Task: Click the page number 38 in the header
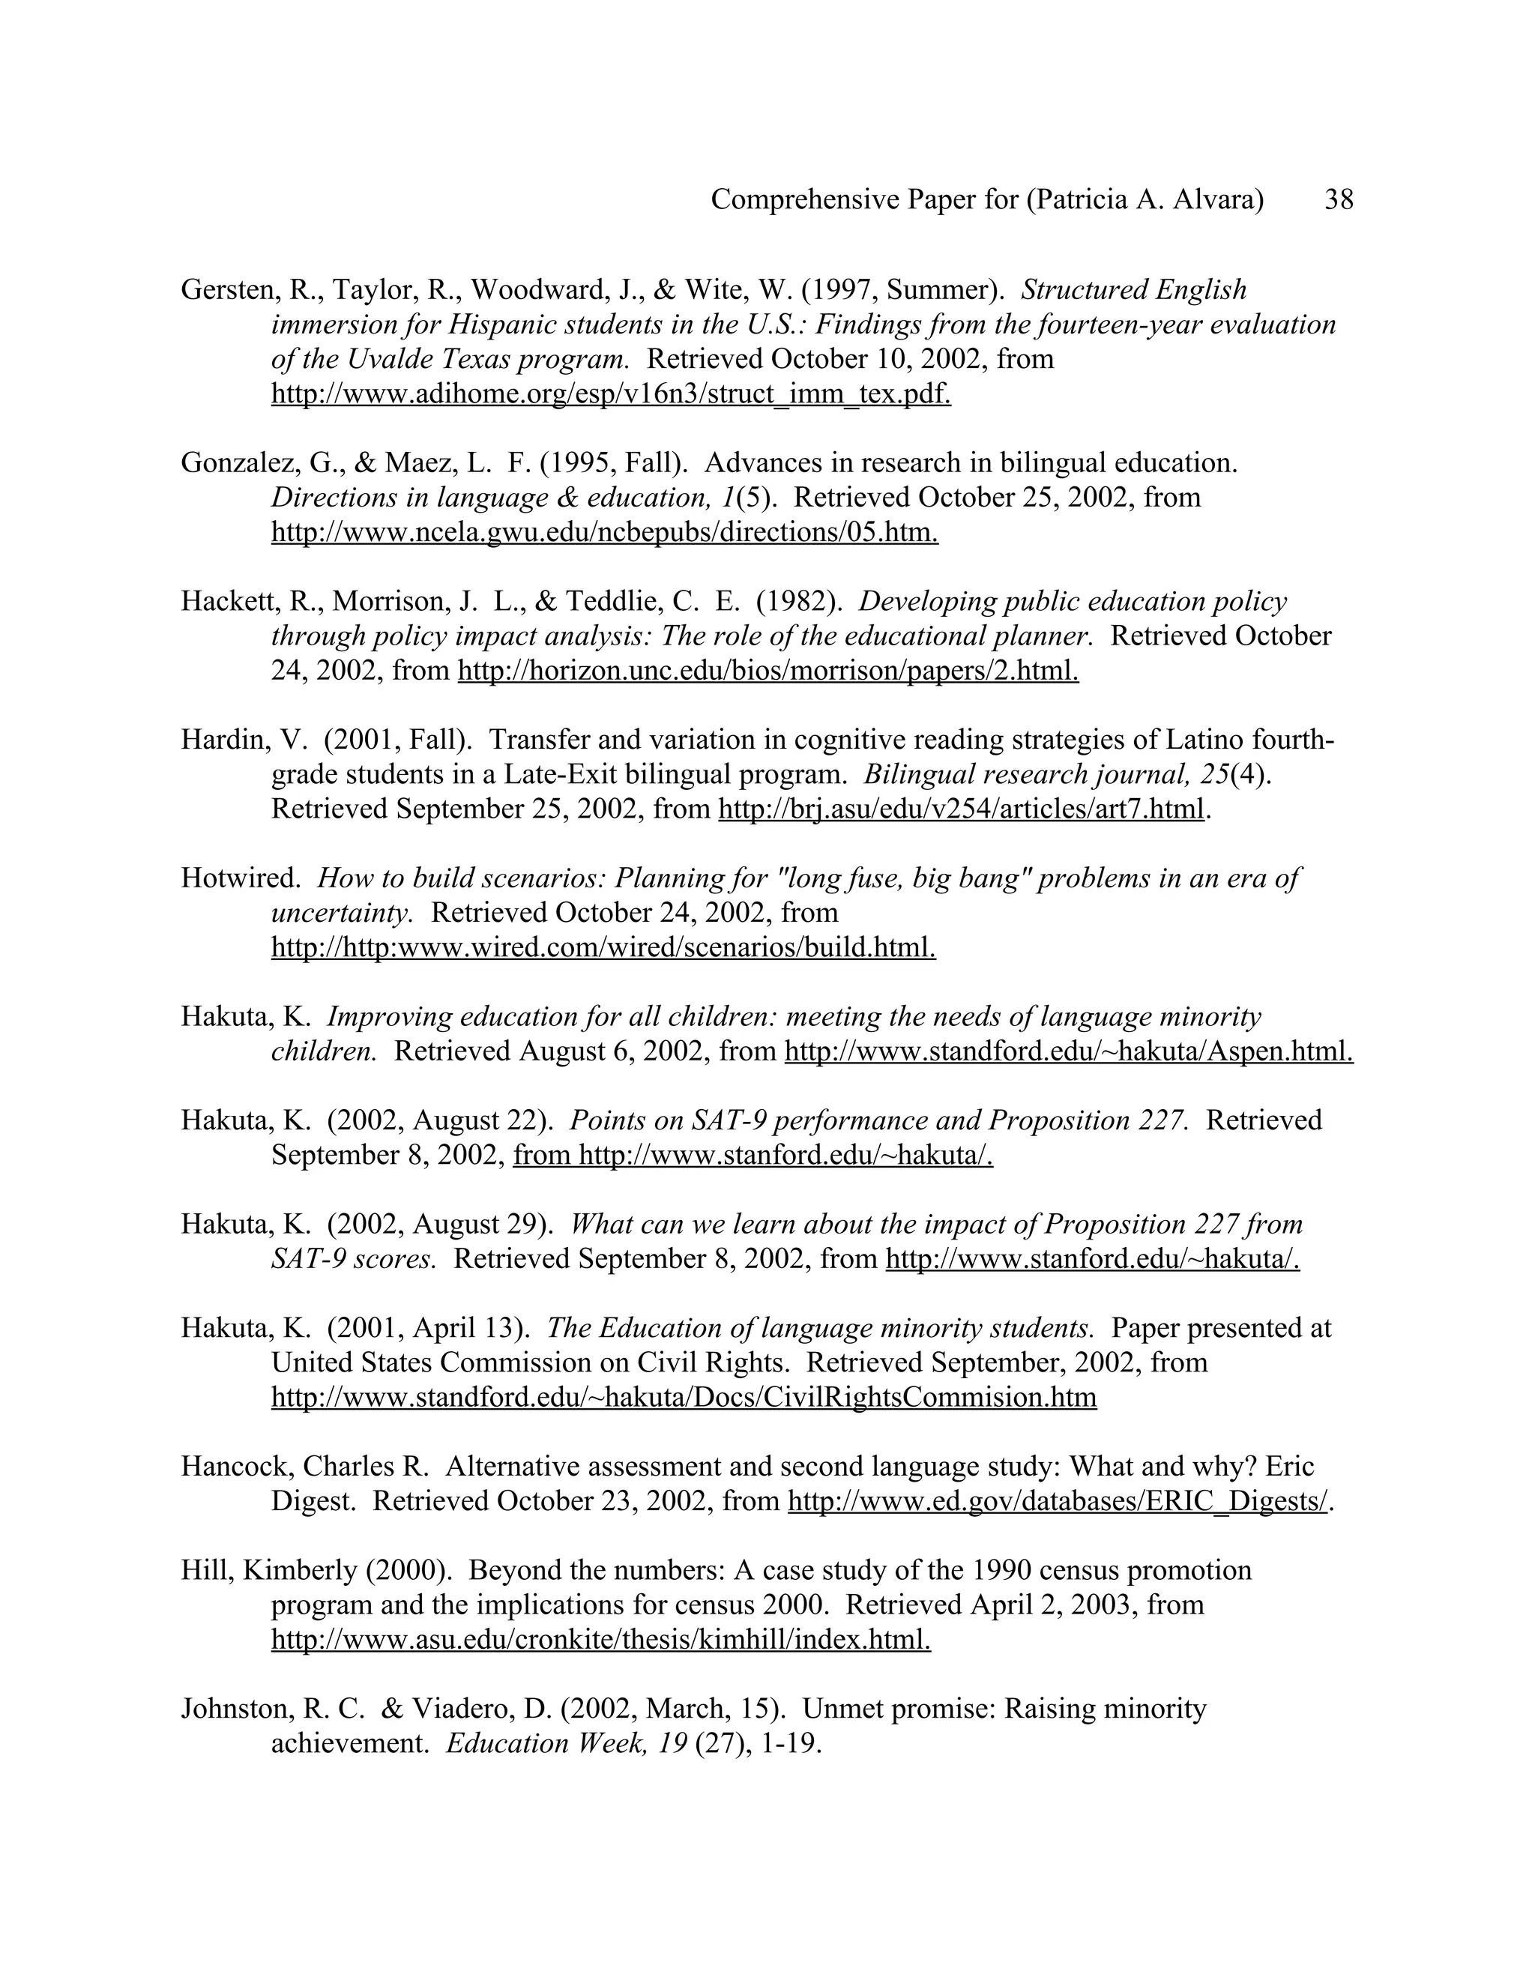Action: pyautogui.click(x=1339, y=200)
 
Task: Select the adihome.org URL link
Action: pyautogui.click(x=611, y=395)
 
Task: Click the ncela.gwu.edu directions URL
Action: pyautogui.click(x=605, y=533)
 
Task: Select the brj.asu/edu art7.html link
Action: pyautogui.click(x=961, y=809)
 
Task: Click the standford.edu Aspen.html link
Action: pyautogui.click(x=1069, y=1052)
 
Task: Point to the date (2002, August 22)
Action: pyautogui.click(x=440, y=1121)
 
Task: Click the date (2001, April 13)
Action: pyautogui.click(x=429, y=1329)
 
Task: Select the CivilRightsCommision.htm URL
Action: pyautogui.click(x=684, y=1398)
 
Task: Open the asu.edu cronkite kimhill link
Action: pyautogui.click(x=601, y=1641)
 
